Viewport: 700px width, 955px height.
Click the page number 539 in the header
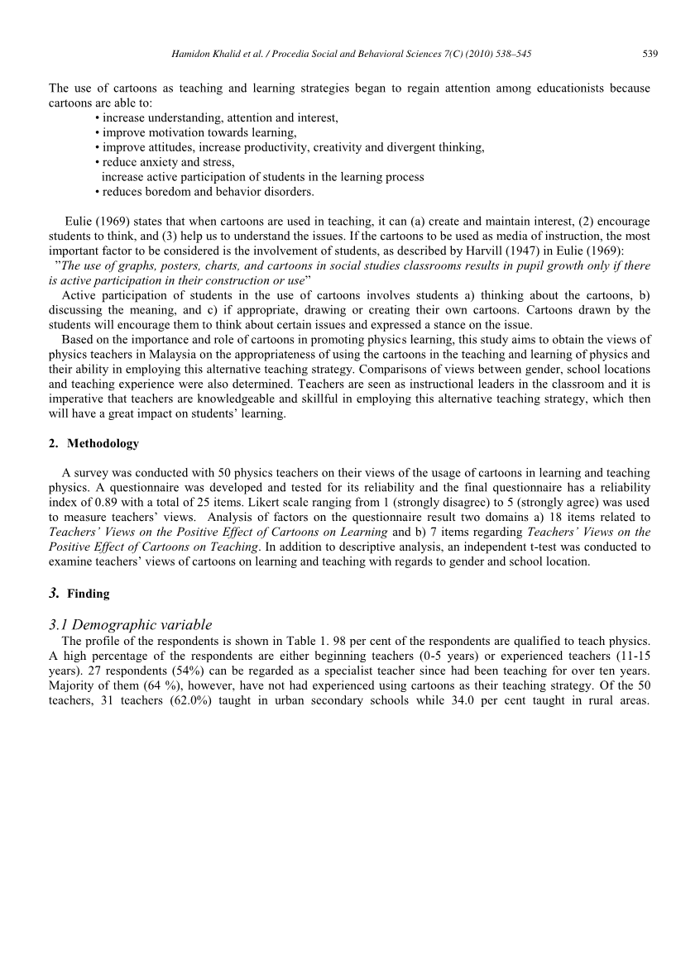pyautogui.click(x=650, y=55)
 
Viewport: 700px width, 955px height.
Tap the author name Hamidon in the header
pyautogui.click(x=189, y=55)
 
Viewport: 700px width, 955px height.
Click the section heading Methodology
pyautogui.click(x=103, y=443)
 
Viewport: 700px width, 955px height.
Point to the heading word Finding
pyautogui.click(x=89, y=594)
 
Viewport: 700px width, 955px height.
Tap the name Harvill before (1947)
pyautogui.click(x=515, y=251)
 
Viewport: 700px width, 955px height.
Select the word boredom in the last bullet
pyautogui.click(x=169, y=192)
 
